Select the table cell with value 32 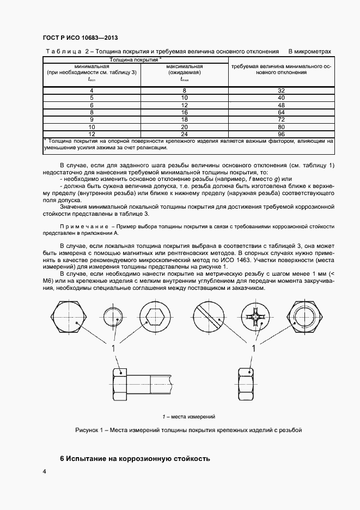coord(281,90)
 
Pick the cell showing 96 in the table coord(281,133)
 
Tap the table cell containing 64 coord(281,112)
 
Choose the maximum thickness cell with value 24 coord(185,133)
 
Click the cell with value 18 coord(185,119)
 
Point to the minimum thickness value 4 coord(91,90)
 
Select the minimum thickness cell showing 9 coord(91,119)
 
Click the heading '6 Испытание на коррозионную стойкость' coord(135,458)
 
